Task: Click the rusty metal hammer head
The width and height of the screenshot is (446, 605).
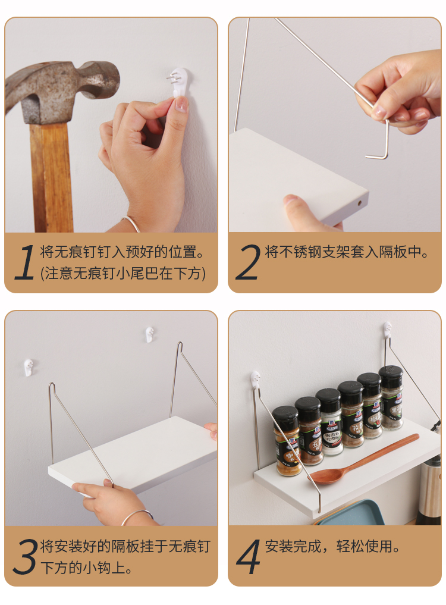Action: coord(62,90)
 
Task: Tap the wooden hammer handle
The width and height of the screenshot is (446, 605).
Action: coord(52,177)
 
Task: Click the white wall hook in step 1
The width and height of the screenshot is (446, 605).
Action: coord(178,82)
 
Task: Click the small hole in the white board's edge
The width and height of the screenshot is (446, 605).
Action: coord(360,202)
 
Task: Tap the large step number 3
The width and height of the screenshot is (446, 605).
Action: coord(26,556)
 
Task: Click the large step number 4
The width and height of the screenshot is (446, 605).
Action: coord(249,556)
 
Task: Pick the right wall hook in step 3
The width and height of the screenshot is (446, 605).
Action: coord(150,334)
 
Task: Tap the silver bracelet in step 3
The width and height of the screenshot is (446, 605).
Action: coord(137,516)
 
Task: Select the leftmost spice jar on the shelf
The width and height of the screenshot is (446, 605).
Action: coord(287,441)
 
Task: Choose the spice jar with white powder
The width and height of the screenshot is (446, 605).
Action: coord(329,422)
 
